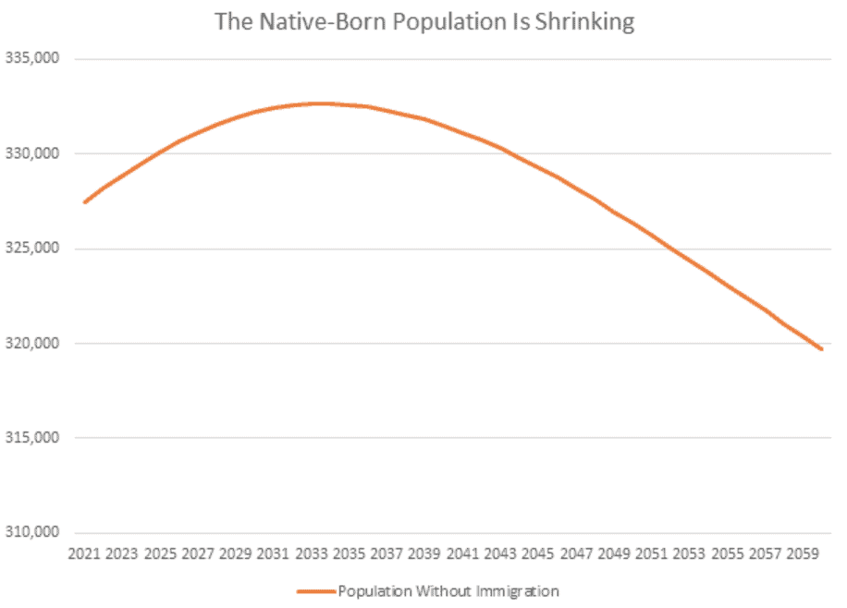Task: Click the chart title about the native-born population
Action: click(424, 22)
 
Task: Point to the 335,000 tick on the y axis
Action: click(33, 58)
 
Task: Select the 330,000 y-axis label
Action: click(33, 153)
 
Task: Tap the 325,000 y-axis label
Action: click(33, 249)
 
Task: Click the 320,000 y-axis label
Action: click(33, 344)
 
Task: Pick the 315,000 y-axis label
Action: click(33, 438)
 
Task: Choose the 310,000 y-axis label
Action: click(33, 533)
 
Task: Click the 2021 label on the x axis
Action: click(84, 553)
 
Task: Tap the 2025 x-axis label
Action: click(160, 553)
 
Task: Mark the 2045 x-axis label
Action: click(537, 553)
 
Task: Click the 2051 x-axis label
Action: click(650, 553)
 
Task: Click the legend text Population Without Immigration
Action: click(448, 590)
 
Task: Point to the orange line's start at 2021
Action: click(84, 202)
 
